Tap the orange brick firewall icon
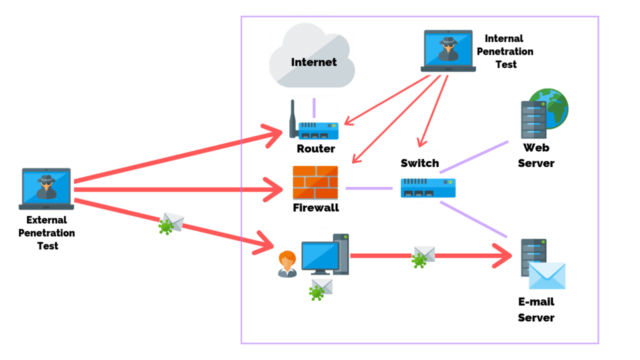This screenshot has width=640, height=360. point(315,182)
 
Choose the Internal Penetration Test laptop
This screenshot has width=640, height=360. point(448,51)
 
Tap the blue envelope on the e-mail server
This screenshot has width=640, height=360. point(547,276)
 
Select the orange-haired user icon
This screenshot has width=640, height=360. point(287,263)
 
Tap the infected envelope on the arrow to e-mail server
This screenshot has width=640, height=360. point(423,256)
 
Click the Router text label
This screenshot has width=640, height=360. point(316,149)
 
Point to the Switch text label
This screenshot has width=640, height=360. point(419,163)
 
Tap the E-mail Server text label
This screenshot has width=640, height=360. point(536,309)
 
